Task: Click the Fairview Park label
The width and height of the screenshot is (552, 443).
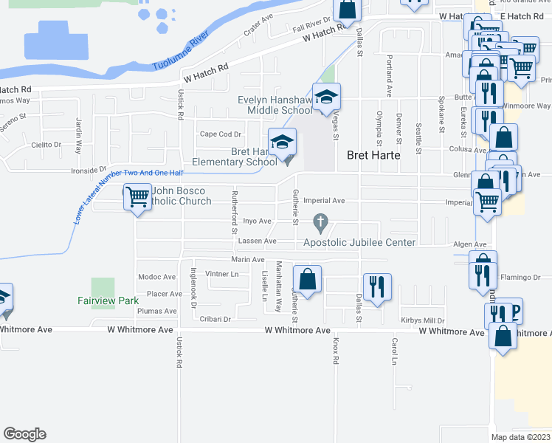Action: [108, 301]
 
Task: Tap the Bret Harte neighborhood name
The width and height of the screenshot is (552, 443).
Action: [373, 156]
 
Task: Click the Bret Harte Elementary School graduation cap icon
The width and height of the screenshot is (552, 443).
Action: [282, 142]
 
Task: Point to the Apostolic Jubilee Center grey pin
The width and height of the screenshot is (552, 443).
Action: [320, 221]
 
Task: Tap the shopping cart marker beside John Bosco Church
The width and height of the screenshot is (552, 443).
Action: [137, 197]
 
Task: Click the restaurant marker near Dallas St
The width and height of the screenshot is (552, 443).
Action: [377, 286]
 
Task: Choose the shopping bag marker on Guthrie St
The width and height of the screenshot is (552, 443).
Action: [307, 280]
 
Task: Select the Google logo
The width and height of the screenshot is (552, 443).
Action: [24, 434]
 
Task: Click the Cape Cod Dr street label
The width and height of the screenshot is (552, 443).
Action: [221, 134]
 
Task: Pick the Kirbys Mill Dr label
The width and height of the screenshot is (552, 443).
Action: [423, 320]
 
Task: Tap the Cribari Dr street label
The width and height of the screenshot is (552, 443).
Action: [215, 320]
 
